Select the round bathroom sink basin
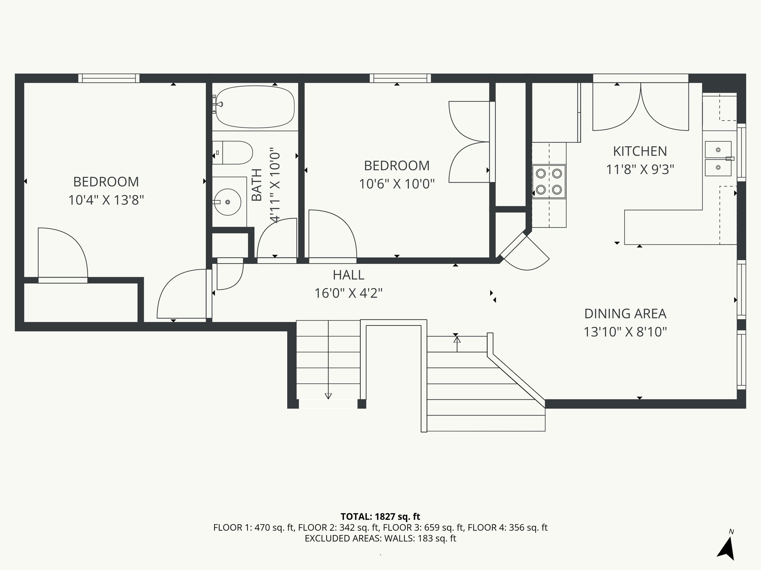[227, 202]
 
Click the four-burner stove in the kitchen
[549, 181]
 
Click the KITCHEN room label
[640, 151]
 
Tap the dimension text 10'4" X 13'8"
[106, 200]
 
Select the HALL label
[348, 275]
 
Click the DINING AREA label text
[625, 314]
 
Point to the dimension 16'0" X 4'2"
[348, 294]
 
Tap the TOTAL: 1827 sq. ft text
[380, 517]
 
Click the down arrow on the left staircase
[328, 396]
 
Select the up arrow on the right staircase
[457, 340]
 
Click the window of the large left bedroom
[109, 78]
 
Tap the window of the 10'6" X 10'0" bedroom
[400, 78]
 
